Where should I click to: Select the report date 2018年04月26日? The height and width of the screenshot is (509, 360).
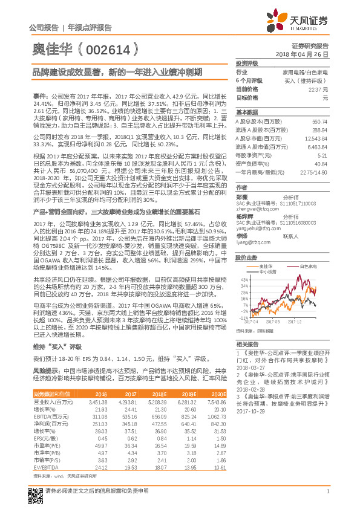tap(310, 55)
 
